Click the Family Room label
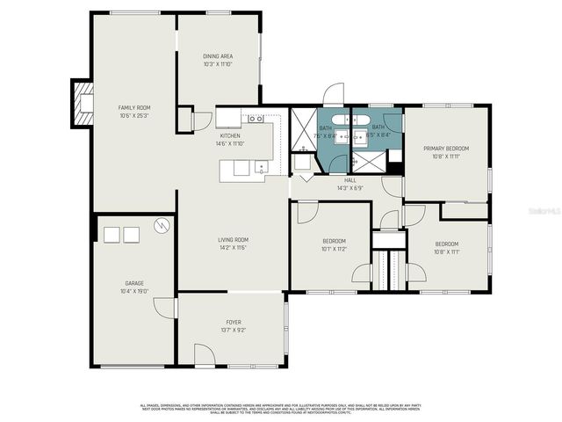coord(134,107)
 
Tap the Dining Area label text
coord(218,56)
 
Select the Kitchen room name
coord(230,136)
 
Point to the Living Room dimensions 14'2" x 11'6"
coord(234,248)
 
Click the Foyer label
coord(234,323)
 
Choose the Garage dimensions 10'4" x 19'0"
coord(134,291)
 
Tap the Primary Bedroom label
coord(446,149)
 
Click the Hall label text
coord(349,179)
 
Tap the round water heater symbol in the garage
coord(161,226)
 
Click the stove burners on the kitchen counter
coord(256,118)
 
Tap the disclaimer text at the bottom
coord(281,409)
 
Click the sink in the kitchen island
coord(261,166)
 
